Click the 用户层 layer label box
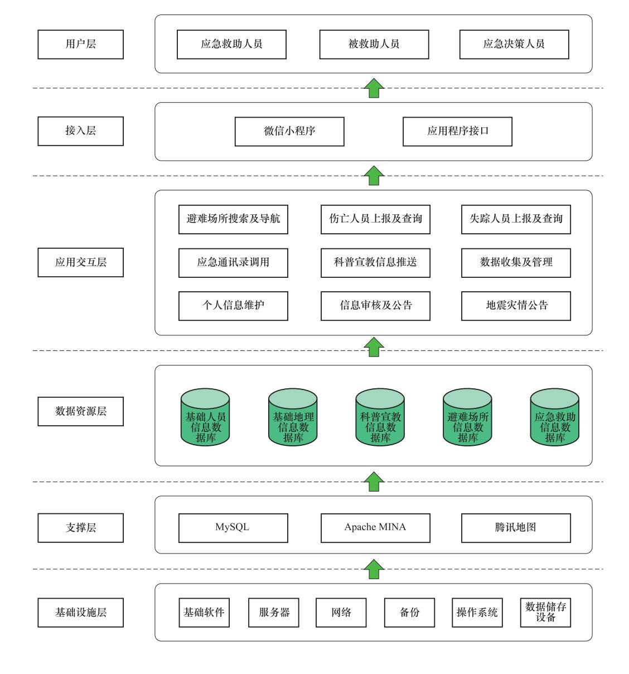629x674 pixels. (80, 45)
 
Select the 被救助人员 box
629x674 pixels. (374, 45)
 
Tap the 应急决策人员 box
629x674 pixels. (514, 45)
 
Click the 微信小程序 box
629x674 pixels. (289, 132)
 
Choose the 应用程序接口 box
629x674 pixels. (457, 132)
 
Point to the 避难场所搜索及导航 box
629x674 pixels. (233, 219)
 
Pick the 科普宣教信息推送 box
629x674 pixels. (375, 263)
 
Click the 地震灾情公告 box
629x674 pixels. (516, 306)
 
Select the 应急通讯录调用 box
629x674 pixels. (233, 263)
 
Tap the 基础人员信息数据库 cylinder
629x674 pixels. (205, 417)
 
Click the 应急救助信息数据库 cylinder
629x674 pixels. (554, 417)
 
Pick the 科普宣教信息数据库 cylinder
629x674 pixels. (380, 417)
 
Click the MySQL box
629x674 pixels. (233, 528)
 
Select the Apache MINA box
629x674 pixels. (375, 528)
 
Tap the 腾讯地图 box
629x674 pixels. (516, 528)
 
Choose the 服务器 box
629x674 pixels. (273, 612)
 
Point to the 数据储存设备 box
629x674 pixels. (545, 612)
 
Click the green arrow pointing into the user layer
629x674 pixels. (374, 88)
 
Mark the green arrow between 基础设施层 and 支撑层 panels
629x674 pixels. (374, 569)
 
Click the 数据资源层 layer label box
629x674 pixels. (80, 411)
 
